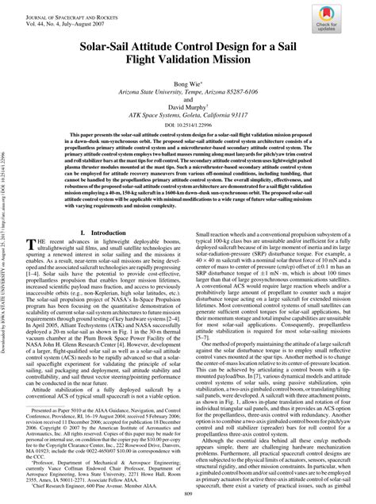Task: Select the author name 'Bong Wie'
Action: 187,83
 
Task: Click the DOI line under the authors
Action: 188,124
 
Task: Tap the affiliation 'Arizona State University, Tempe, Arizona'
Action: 188,91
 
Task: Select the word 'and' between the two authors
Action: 188,98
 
